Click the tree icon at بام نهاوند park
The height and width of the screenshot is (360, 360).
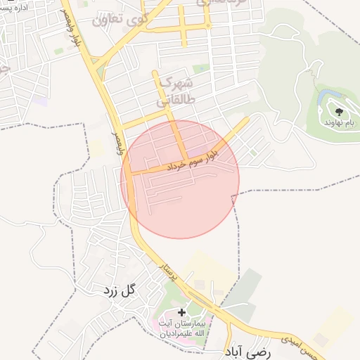[339, 111]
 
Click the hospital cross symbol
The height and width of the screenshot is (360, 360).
[181, 311]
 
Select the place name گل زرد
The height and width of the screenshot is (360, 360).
[117, 289]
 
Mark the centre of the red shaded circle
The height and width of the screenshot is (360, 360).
[180, 179]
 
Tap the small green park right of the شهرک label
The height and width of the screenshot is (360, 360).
[201, 69]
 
